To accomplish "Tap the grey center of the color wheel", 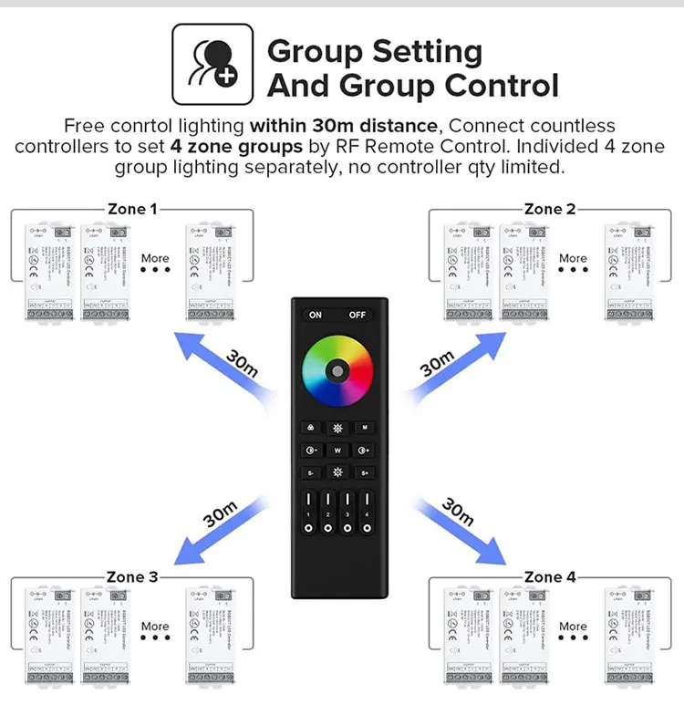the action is [337, 371].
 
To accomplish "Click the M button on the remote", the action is [364, 427].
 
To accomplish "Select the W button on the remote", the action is [337, 450].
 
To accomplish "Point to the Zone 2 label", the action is [550, 209].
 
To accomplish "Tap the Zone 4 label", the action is [550, 576].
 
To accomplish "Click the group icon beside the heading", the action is [212, 65].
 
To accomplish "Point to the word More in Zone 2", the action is [573, 258].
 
